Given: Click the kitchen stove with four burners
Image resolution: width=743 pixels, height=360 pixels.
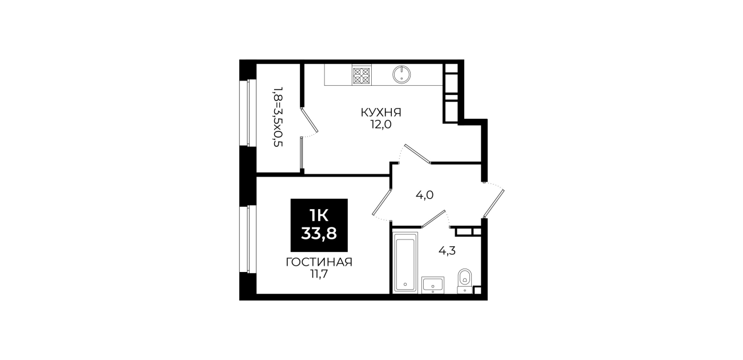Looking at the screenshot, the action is point(362,75).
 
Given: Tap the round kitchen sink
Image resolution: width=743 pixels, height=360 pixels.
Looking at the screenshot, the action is point(401,75).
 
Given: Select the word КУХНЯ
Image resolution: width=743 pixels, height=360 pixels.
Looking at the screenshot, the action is point(381,113).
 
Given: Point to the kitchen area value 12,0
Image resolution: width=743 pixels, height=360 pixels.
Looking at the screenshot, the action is point(381,125).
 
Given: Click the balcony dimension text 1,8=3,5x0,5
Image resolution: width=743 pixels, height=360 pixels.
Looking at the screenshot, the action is point(278,117).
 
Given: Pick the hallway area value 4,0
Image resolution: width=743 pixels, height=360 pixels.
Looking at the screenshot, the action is point(424,195).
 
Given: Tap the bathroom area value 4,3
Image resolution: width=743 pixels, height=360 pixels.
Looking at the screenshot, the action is point(447,251).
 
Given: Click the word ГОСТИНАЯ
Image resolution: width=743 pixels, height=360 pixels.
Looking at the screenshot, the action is point(319,262).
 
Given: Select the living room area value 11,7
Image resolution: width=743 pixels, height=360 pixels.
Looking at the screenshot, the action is point(319,274).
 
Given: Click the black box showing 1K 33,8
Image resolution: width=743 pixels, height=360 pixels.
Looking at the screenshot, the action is point(319,225).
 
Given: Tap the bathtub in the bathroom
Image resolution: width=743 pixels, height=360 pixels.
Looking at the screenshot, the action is point(405,262).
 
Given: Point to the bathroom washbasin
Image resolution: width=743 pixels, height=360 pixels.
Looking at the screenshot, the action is point(433,285).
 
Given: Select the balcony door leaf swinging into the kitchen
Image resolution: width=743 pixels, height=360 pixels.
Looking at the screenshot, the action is point(310,120).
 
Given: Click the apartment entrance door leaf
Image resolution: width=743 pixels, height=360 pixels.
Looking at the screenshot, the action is point(493,204).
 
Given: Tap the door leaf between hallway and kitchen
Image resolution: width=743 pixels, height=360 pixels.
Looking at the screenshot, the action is point(417,154).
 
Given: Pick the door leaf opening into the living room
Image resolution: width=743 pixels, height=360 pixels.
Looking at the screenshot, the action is point(382,202).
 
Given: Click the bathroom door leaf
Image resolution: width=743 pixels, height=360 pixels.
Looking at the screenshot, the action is point(433,219).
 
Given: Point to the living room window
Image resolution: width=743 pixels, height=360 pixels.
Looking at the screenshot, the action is point(248,239).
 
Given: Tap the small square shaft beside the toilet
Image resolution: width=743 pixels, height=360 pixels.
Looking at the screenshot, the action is point(477,290).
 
